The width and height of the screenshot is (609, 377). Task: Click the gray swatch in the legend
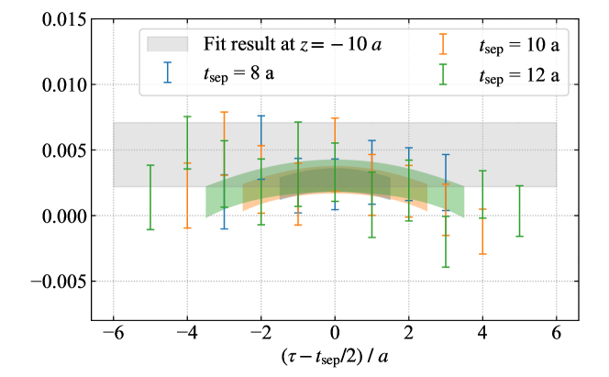pyautogui.click(x=167, y=44)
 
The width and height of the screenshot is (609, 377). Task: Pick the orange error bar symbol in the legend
pyautogui.click(x=443, y=44)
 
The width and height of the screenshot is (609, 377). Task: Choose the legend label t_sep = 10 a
pyautogui.click(x=518, y=44)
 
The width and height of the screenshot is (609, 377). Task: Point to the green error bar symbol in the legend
pyautogui.click(x=443, y=72)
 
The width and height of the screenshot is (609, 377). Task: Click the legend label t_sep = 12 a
pyautogui.click(x=518, y=73)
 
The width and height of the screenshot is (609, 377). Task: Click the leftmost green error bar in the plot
pyautogui.click(x=150, y=197)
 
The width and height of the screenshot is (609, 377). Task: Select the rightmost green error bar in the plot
pyautogui.click(x=520, y=211)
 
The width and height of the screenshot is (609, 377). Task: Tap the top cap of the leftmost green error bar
pyautogui.click(x=150, y=165)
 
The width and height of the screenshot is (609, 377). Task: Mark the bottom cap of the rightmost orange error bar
pyautogui.click(x=482, y=253)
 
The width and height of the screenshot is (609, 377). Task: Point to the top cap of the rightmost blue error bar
pyautogui.click(x=446, y=155)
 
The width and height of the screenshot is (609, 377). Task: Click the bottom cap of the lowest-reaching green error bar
pyautogui.click(x=446, y=267)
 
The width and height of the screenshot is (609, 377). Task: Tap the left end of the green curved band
pyautogui.click(x=207, y=202)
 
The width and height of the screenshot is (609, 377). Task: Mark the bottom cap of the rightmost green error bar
pyautogui.click(x=520, y=236)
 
